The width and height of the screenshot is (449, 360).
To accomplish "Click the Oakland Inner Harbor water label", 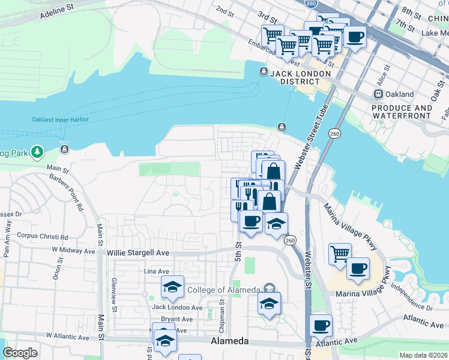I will point(60,119).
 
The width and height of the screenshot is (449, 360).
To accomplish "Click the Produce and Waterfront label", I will point(402,112).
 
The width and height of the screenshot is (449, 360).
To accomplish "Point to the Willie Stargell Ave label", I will point(138,253).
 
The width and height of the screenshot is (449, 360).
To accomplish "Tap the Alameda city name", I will point(229,341).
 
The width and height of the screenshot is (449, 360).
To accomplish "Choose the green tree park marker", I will point(38,152).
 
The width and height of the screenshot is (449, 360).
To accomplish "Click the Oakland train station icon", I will point(378,94).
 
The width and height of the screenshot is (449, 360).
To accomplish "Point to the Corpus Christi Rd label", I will point(43,236).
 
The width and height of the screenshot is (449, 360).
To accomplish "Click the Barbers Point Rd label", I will point(67,192).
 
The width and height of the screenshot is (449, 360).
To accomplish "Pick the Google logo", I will point(20,353).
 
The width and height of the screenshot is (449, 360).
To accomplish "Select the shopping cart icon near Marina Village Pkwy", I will point(340,254).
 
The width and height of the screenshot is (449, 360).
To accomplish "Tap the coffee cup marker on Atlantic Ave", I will point(321,325).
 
